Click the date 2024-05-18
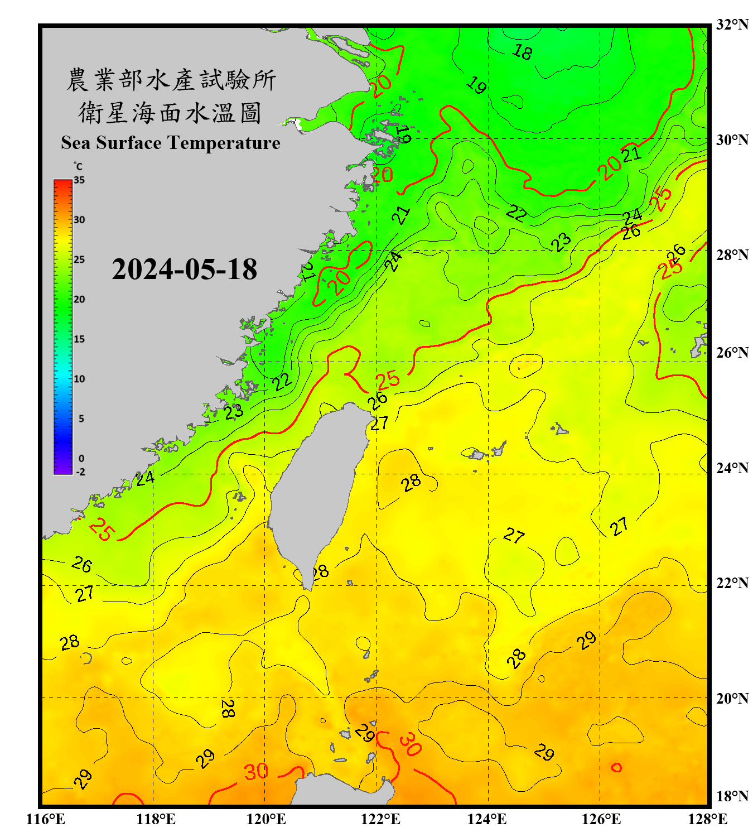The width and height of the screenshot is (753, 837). [x=184, y=269]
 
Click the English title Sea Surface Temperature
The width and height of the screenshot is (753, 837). [x=171, y=143]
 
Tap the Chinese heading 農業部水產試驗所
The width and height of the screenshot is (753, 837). [x=171, y=80]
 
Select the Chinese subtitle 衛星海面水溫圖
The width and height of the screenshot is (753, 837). [x=171, y=113]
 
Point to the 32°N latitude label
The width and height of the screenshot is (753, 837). [x=732, y=25]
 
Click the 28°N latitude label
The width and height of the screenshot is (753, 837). [x=732, y=255]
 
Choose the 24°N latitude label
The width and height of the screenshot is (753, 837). [x=732, y=468]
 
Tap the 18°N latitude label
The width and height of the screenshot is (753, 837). [x=732, y=796]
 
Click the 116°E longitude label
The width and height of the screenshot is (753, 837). [x=45, y=819]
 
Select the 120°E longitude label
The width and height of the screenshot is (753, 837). [x=266, y=819]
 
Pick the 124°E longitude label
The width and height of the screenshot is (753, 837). [x=487, y=819]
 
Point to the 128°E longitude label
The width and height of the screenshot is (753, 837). [x=707, y=819]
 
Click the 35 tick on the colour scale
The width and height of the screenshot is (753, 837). [x=79, y=180]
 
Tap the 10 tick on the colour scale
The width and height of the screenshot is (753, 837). [x=79, y=379]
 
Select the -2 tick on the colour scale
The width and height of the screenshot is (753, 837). [x=80, y=472]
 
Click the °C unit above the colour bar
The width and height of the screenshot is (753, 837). [x=78, y=166]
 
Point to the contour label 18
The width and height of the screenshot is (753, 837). [x=522, y=52]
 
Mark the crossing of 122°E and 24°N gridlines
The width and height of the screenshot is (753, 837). [x=377, y=474]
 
